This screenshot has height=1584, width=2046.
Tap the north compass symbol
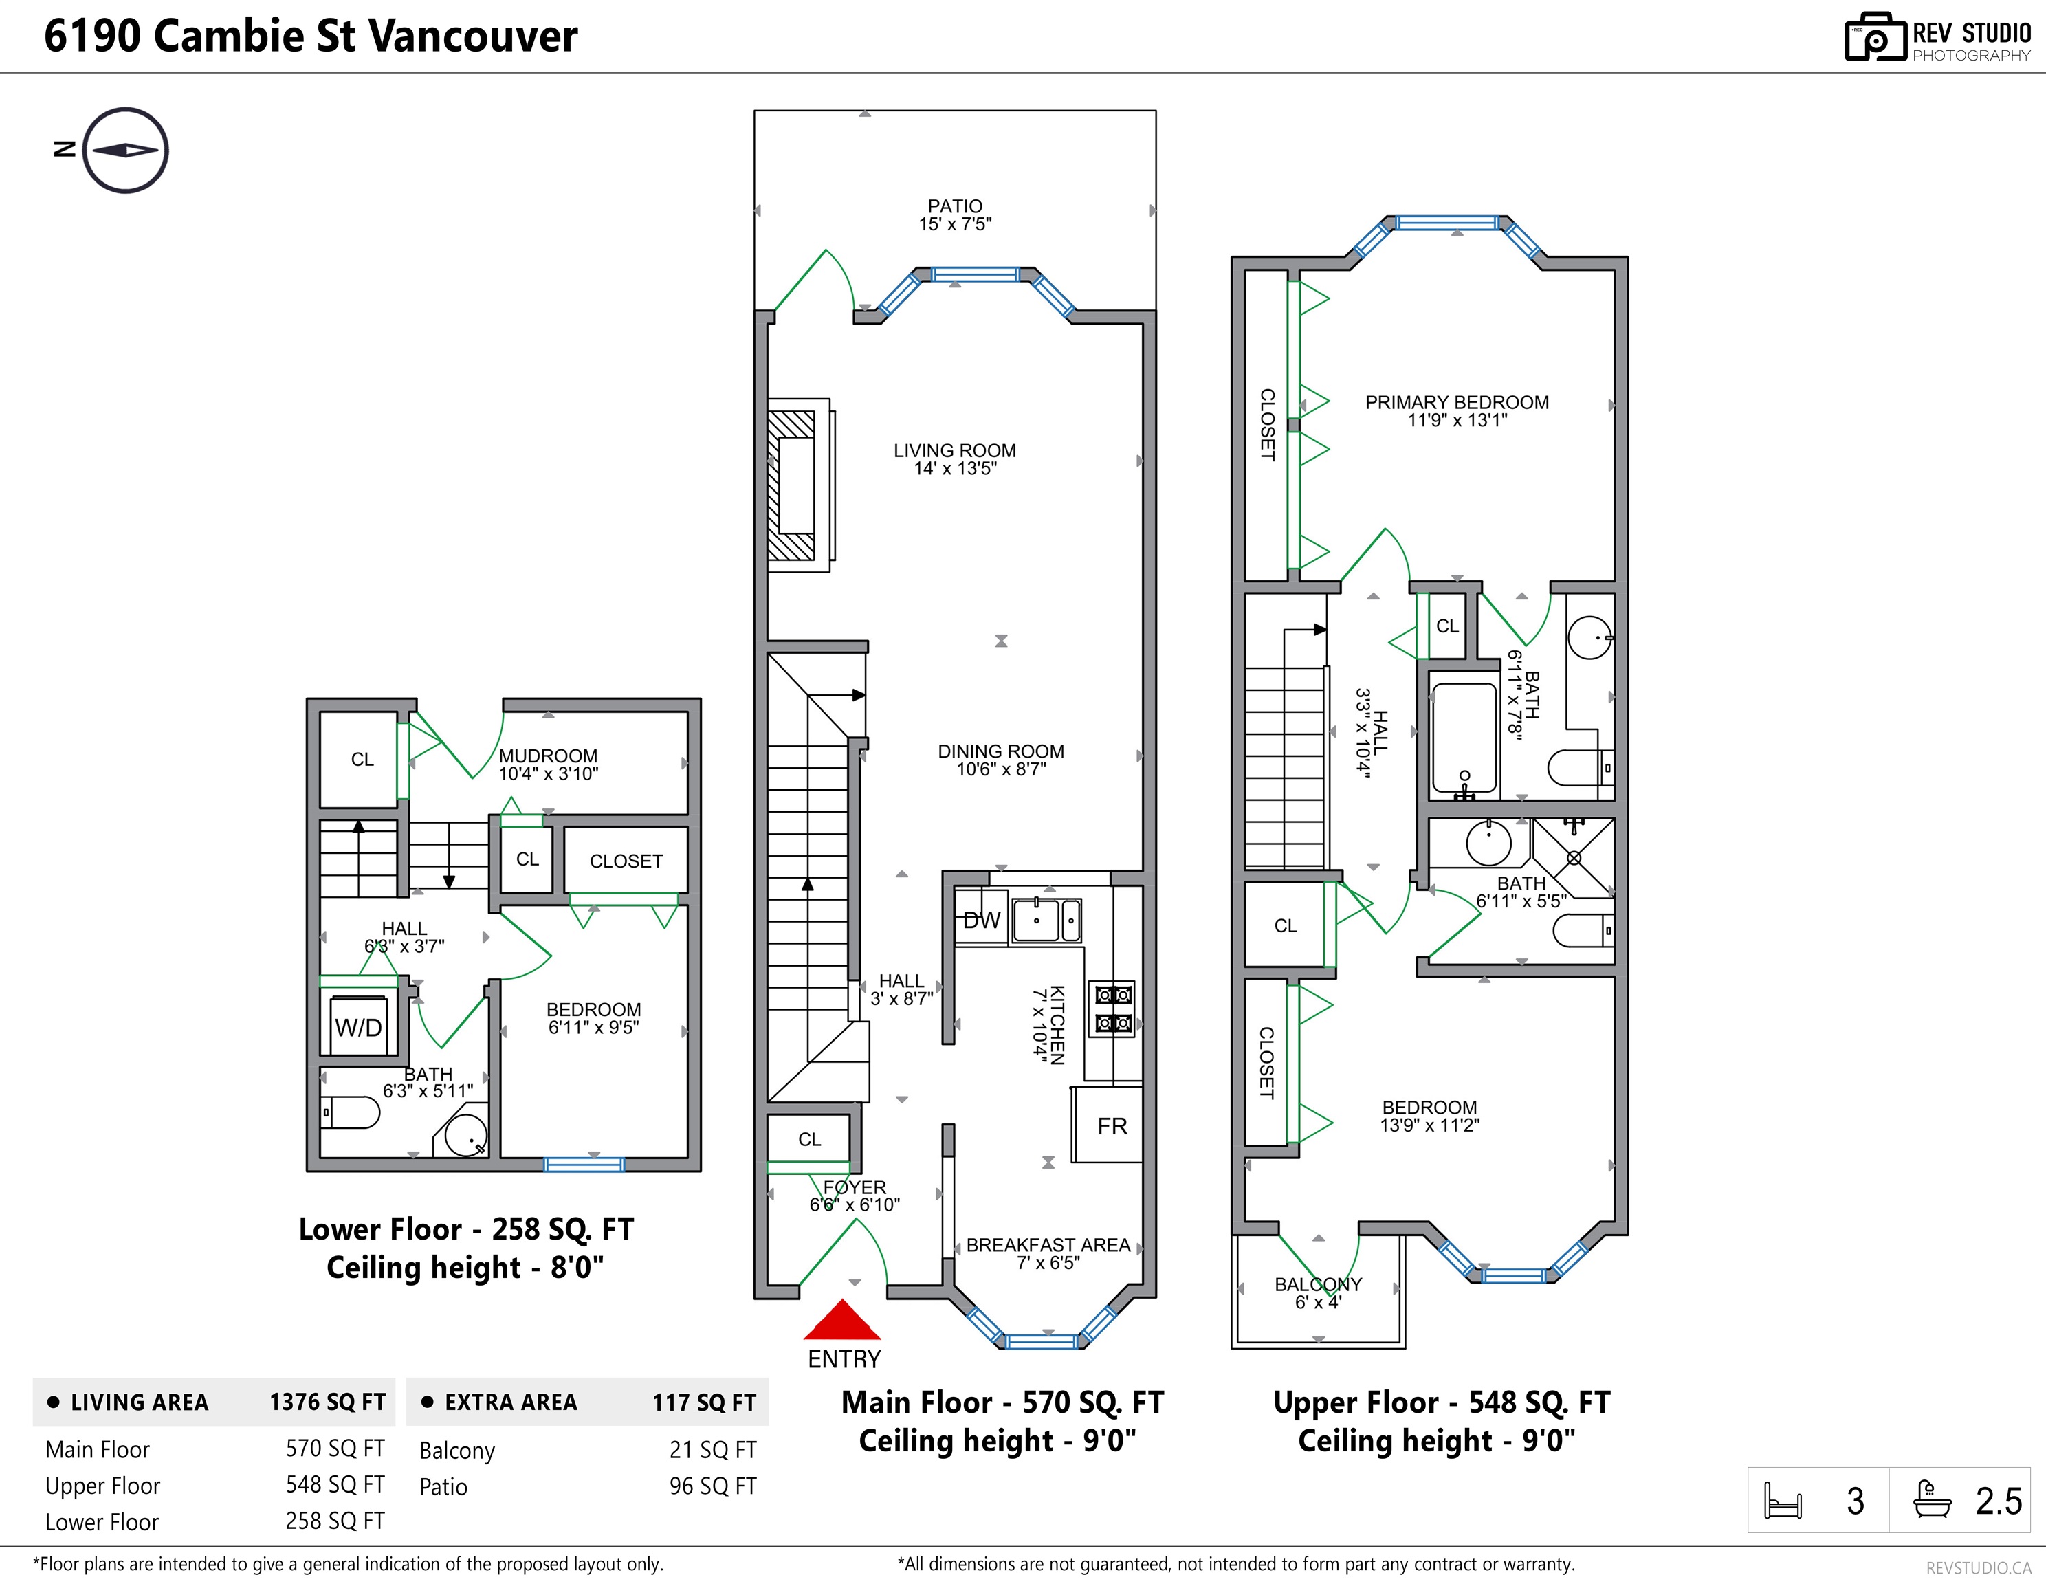(x=124, y=150)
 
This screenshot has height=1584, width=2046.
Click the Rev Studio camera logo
(x=1875, y=38)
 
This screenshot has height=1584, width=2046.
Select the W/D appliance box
(x=358, y=1026)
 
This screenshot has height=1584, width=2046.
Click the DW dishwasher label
(x=982, y=920)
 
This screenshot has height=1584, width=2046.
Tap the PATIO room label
(x=955, y=206)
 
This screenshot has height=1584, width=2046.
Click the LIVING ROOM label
(x=955, y=450)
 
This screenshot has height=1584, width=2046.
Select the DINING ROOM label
(x=1000, y=751)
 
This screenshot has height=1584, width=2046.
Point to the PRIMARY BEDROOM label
(x=1457, y=402)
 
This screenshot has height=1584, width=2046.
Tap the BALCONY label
(x=1318, y=1284)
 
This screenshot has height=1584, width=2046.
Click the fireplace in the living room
(x=798, y=485)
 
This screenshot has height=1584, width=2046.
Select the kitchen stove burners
(x=1112, y=1008)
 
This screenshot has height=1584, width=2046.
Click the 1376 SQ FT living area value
(x=328, y=1402)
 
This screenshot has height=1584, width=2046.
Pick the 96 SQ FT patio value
(x=712, y=1486)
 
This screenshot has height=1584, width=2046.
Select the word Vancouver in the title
(x=472, y=36)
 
